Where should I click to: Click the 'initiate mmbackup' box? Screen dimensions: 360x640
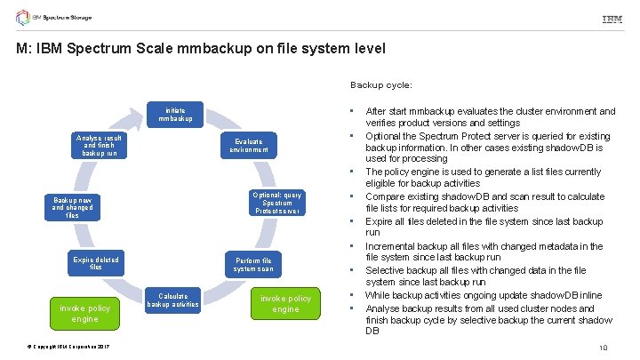(175, 114)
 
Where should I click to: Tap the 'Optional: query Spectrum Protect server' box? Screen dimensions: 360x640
(276, 203)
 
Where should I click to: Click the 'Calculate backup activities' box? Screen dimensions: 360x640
(178, 300)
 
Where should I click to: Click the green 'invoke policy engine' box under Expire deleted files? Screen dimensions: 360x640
(85, 313)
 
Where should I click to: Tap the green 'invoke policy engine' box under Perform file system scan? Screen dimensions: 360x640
(286, 303)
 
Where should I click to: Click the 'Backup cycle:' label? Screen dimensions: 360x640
(380, 85)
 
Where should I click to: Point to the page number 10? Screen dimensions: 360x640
(603, 348)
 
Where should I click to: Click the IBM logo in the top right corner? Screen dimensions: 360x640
(612, 19)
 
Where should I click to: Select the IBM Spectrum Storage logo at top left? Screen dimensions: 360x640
(65, 18)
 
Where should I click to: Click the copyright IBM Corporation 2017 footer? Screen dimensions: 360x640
(56, 346)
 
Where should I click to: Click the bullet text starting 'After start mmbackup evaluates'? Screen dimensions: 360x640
(490, 116)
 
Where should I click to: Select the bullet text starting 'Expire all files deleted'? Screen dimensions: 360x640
(484, 226)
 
